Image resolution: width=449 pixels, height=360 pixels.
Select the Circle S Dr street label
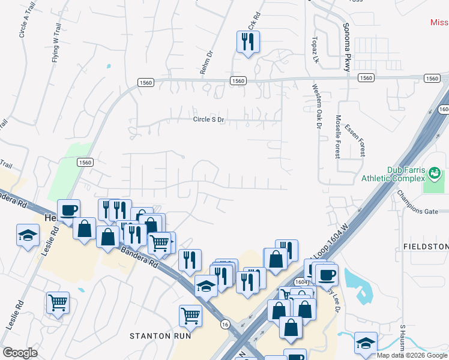(x=208, y=120)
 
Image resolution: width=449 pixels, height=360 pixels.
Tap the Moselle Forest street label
(x=339, y=136)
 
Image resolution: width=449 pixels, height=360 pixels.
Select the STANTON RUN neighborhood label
(x=160, y=336)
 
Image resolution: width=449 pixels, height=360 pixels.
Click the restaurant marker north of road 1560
(x=247, y=41)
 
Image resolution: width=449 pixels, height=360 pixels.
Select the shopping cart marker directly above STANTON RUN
(x=190, y=314)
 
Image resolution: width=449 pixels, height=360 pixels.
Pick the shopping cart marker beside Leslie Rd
(x=58, y=302)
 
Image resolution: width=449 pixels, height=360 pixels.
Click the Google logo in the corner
(x=19, y=353)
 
